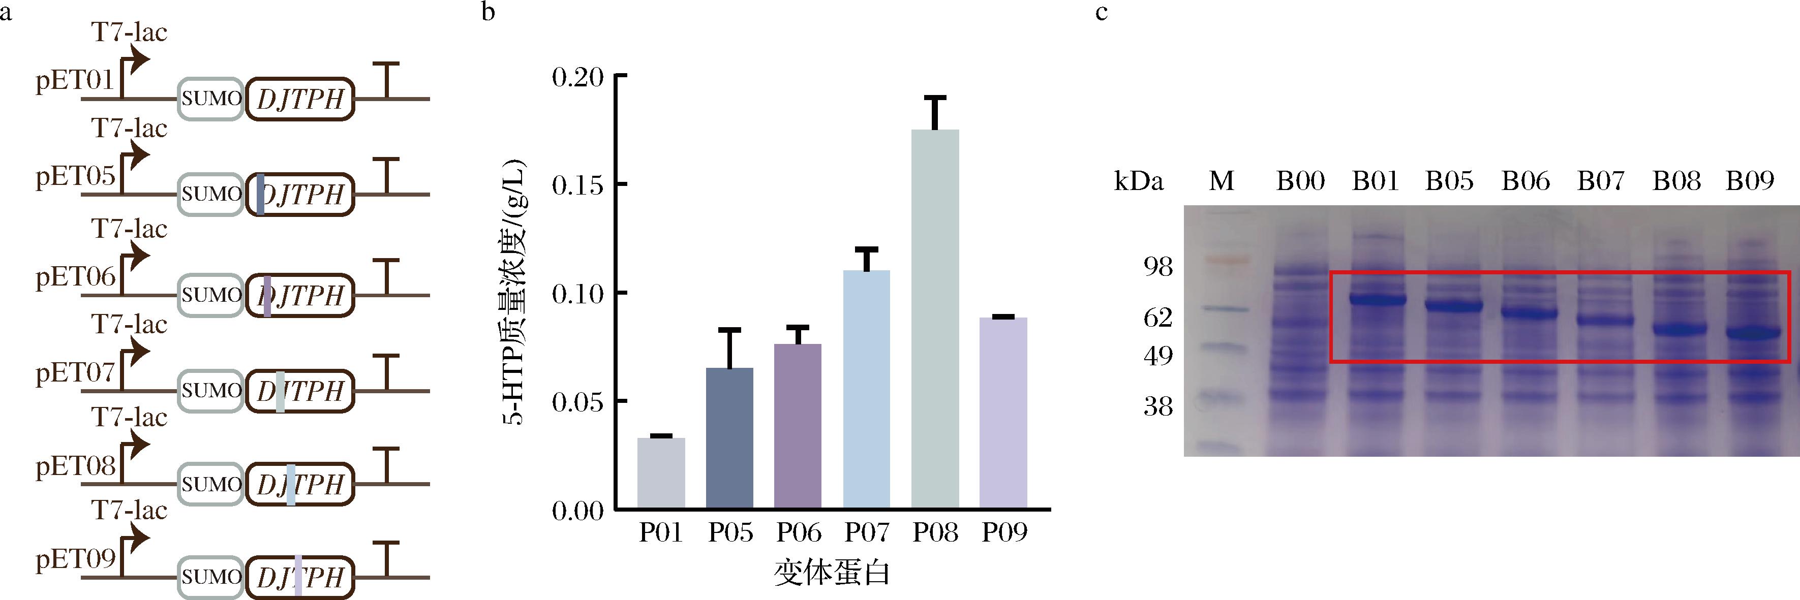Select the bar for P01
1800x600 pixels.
661,473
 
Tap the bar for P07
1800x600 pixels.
867,389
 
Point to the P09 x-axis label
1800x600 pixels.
1004,533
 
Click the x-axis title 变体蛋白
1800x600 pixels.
832,574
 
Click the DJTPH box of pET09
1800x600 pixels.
300,578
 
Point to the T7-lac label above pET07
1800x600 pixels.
129,325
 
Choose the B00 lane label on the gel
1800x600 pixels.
1300,181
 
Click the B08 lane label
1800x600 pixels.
1675,181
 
